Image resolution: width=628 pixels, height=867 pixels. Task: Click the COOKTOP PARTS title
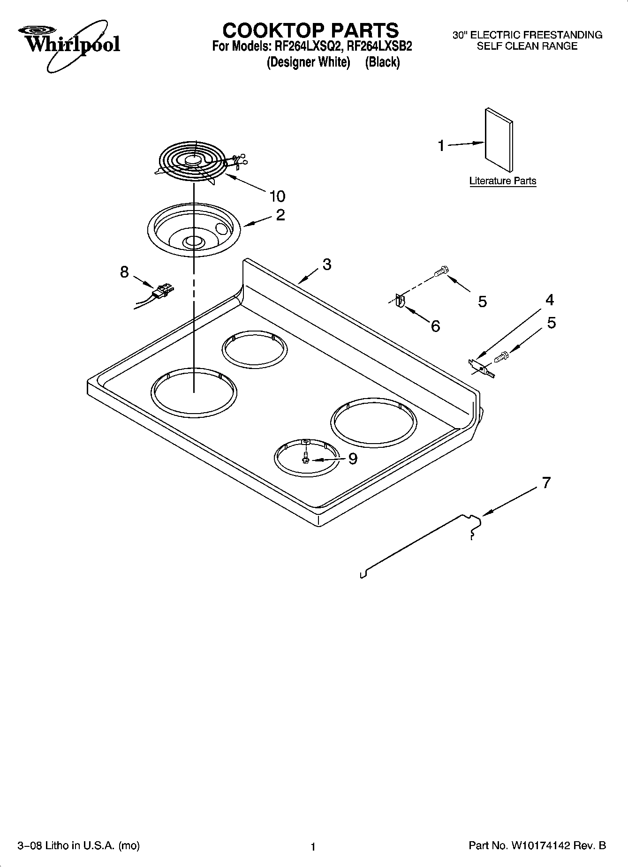[310, 30]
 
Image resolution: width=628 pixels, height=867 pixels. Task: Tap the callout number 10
[277, 196]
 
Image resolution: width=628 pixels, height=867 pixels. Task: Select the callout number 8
[124, 271]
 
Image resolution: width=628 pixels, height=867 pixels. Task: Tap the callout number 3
[327, 264]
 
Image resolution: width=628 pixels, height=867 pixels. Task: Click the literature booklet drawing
[499, 141]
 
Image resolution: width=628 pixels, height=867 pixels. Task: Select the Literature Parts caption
[502, 181]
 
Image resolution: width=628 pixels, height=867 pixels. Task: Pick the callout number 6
[435, 326]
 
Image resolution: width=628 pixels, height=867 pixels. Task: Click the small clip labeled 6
[400, 301]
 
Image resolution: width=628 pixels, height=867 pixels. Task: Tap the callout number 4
[549, 300]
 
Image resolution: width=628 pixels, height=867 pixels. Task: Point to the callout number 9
[353, 459]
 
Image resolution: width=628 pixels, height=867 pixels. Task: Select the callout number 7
[546, 483]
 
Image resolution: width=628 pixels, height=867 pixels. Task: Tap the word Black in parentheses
[382, 62]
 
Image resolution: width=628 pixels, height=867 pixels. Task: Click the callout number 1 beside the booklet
[441, 146]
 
